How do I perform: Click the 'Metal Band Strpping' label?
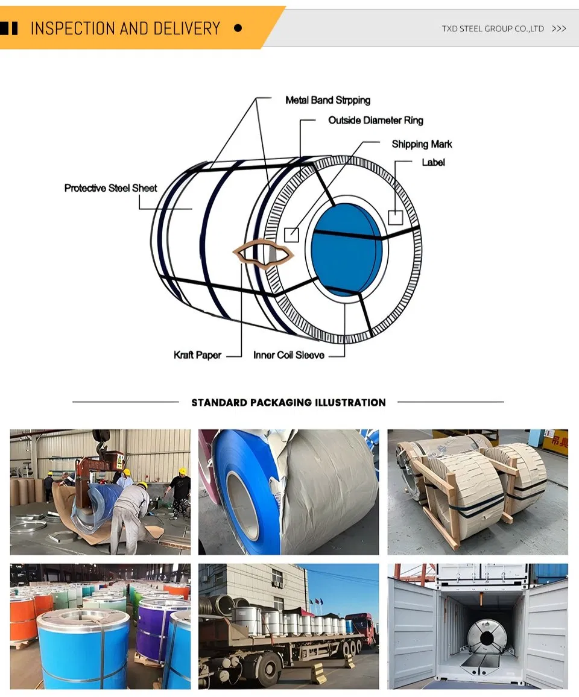click(x=327, y=100)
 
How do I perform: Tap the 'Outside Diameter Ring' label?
click(x=375, y=121)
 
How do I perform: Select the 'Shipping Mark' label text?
click(x=422, y=144)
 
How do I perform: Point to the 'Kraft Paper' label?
click(x=197, y=355)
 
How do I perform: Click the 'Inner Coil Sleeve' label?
click(x=288, y=355)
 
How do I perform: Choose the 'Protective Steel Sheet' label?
click(x=110, y=188)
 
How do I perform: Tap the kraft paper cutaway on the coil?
click(x=264, y=253)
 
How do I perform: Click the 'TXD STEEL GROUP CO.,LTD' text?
click(x=493, y=28)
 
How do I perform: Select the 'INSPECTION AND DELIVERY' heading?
click(x=125, y=28)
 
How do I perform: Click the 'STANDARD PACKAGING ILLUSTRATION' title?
click(x=288, y=402)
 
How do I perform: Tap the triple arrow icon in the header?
click(x=559, y=28)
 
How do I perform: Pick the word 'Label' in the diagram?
click(x=433, y=162)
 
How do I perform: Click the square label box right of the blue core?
click(x=395, y=217)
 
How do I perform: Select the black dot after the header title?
click(x=238, y=28)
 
